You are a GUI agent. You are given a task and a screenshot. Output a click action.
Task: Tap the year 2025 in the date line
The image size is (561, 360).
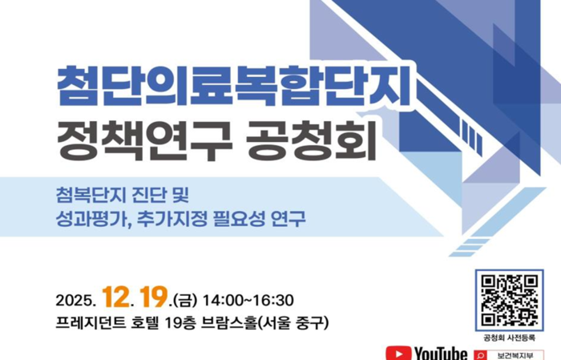75,301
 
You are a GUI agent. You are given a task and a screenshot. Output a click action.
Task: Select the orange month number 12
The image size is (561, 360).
115,297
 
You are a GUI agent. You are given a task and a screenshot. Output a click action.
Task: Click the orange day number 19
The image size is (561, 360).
152,297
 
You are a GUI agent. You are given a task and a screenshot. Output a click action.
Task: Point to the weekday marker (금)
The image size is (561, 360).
184,301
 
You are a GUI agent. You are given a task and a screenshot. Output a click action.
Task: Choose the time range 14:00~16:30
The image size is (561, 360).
248,301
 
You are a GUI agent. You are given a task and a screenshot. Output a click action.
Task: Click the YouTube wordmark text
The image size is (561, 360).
441,354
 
